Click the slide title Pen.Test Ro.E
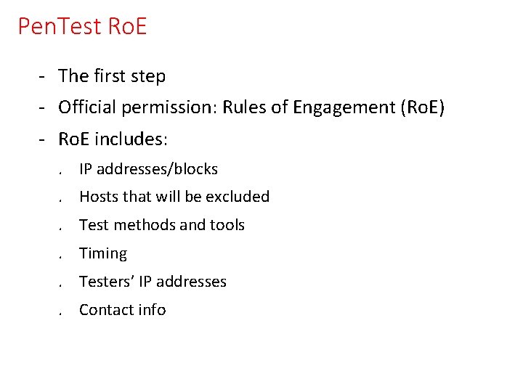82,27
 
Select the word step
148,76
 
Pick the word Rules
244,108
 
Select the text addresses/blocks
157,169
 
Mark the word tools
227,225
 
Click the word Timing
103,253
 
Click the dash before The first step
44,76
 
